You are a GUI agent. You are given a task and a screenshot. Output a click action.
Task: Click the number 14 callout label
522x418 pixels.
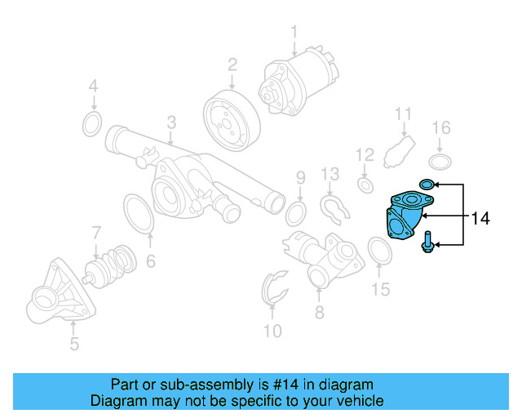(x=480, y=218)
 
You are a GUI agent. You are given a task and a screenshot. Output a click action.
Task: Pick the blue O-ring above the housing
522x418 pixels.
(x=427, y=185)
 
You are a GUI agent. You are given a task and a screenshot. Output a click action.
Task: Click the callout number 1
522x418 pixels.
(x=294, y=32)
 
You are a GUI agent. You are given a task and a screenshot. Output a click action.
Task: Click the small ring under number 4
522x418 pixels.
(x=93, y=125)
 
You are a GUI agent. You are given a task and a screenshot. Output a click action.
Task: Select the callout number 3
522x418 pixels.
(x=171, y=122)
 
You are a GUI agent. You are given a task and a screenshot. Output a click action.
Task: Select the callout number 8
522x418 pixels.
(x=319, y=312)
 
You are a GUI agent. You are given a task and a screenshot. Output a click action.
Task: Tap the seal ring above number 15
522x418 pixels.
(x=380, y=251)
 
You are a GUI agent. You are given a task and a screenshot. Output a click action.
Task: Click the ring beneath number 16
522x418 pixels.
(x=440, y=158)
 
